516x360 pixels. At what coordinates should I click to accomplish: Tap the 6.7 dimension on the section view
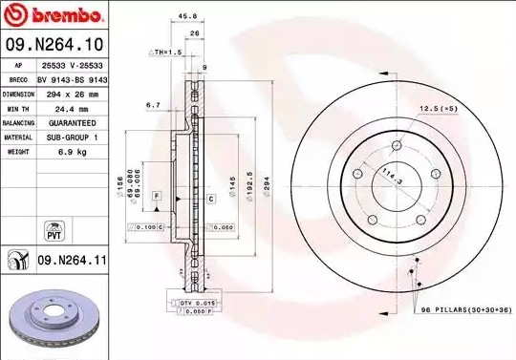(151, 105)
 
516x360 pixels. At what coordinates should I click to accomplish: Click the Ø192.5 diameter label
(247, 182)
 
